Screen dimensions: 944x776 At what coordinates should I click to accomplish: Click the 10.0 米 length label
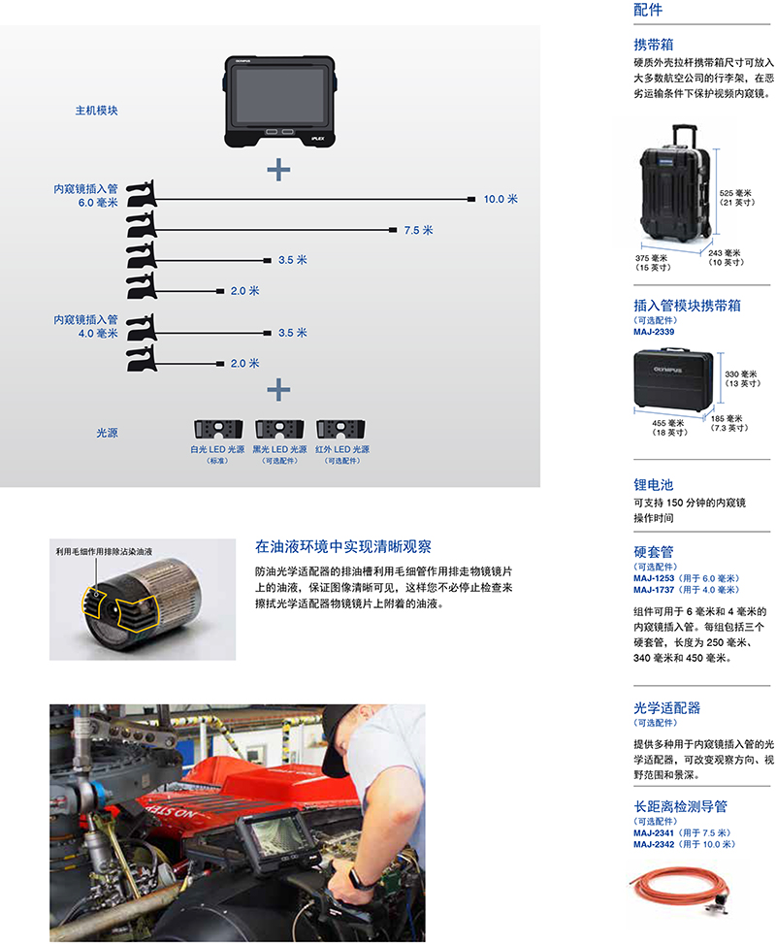click(x=501, y=199)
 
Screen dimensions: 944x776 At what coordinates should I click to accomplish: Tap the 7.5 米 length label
click(x=418, y=231)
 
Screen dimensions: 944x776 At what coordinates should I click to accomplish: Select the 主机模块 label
click(x=97, y=111)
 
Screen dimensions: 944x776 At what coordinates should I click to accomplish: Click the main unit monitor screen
click(x=278, y=94)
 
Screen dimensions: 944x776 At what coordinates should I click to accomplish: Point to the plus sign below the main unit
click(x=278, y=170)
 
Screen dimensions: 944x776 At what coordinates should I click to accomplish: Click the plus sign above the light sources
click(x=278, y=390)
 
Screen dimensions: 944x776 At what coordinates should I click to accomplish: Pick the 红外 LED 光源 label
click(x=342, y=450)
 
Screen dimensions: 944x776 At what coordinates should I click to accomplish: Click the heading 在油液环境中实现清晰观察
click(x=343, y=546)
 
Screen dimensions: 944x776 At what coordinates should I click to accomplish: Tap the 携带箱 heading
click(x=654, y=45)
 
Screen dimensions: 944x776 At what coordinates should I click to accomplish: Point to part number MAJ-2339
click(x=654, y=332)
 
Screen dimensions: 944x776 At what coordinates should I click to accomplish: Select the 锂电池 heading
click(x=654, y=484)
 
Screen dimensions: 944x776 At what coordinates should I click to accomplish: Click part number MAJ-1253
click(x=654, y=577)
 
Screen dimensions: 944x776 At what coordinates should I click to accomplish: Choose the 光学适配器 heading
click(x=667, y=708)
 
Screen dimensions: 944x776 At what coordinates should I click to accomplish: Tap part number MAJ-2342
click(x=654, y=844)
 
